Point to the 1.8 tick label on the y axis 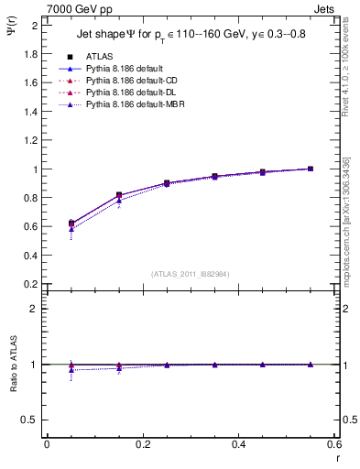[x=30, y=54]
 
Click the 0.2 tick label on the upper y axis [x=30, y=284]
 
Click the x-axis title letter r [x=337, y=457]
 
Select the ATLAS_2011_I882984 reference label [x=191, y=273]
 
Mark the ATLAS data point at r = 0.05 [x=71, y=224]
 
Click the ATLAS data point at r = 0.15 [x=119, y=195]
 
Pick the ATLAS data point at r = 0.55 [x=311, y=169]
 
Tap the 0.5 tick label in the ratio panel [x=30, y=420]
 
